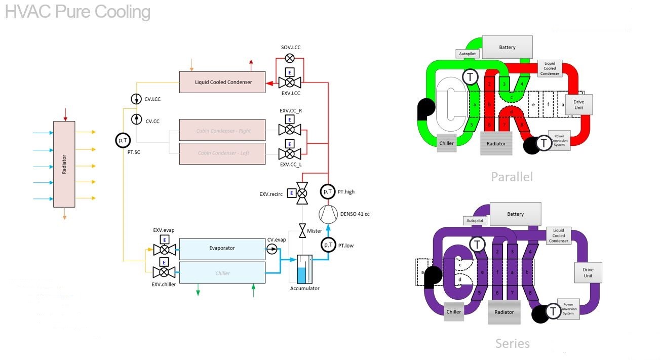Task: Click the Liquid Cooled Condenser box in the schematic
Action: [x=223, y=82]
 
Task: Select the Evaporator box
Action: [x=222, y=248]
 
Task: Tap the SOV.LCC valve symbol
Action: [x=290, y=58]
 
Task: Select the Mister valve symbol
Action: [x=302, y=230]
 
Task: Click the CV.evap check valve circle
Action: [x=272, y=248]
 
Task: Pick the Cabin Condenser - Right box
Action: [x=223, y=131]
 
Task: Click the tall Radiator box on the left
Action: [x=64, y=164]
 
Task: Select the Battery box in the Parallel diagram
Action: [x=507, y=47]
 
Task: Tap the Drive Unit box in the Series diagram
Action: [x=588, y=272]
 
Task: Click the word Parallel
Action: [x=512, y=177]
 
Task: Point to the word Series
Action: [x=512, y=344]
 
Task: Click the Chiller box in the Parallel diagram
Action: [x=446, y=143]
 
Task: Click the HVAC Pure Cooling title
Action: [x=77, y=12]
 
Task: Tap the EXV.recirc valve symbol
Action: [x=302, y=193]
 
